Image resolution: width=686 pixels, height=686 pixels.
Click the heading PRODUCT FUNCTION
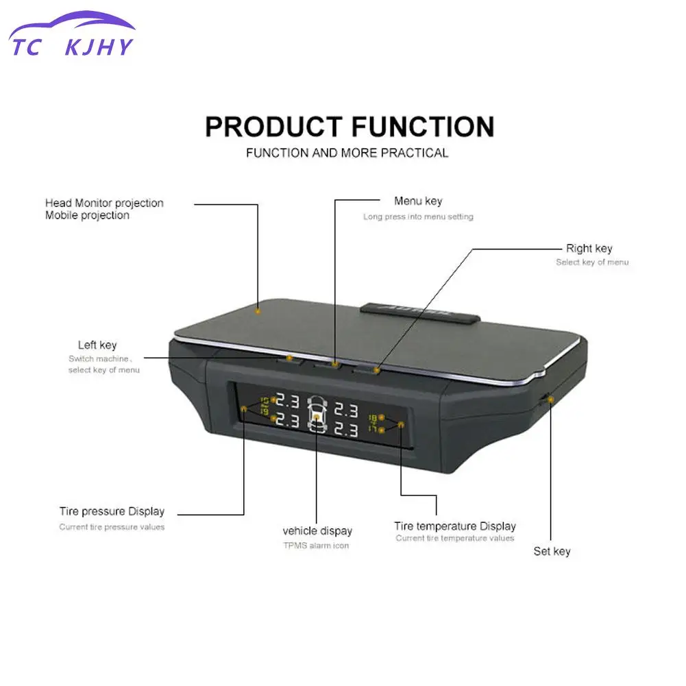[350, 127]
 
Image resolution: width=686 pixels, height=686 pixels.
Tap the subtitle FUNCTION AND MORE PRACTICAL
[347, 153]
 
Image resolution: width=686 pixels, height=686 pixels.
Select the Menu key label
[418, 201]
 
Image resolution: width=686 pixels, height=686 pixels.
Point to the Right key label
[589, 249]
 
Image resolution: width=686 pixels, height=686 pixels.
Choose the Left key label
[97, 345]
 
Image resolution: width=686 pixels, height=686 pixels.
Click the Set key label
[552, 552]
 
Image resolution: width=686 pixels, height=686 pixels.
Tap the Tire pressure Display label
[112, 511]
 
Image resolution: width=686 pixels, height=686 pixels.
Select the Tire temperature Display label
[454, 526]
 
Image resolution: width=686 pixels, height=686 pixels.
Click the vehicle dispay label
[317, 531]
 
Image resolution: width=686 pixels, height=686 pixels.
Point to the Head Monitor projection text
[104, 203]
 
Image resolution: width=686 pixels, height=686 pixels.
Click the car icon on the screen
[317, 415]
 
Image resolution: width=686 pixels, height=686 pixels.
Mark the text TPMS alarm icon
[317, 546]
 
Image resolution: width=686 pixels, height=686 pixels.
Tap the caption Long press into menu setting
[418, 217]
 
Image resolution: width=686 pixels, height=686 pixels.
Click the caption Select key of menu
[591, 262]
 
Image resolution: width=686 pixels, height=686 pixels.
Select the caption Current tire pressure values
[112, 527]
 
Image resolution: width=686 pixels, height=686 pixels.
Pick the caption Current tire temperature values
[454, 539]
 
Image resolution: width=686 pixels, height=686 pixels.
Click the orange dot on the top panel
[258, 310]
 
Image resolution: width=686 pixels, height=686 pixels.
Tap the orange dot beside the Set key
[551, 399]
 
